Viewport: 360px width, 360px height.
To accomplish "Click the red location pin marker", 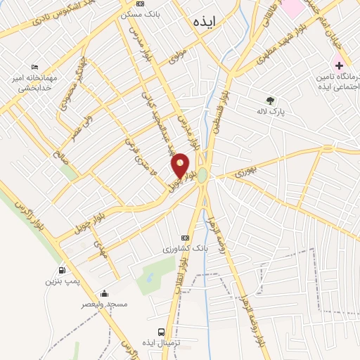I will tap(181, 165).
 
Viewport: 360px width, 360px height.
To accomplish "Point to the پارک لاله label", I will tap(270, 110).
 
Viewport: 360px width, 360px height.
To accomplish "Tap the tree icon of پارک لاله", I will tap(270, 100).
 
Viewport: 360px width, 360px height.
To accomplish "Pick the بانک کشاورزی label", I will tap(185, 249).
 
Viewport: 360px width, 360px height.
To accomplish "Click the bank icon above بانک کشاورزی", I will tap(185, 238).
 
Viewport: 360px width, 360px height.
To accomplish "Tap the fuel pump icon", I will tap(62, 270).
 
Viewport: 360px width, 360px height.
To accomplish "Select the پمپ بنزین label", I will tap(60, 281).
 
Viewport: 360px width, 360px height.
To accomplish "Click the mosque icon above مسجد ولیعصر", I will tap(104, 293).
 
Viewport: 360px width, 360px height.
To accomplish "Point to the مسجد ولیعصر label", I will tap(104, 304).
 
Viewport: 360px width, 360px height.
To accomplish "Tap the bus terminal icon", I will tap(162, 332).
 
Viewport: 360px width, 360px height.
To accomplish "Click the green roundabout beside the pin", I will tap(202, 174).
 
